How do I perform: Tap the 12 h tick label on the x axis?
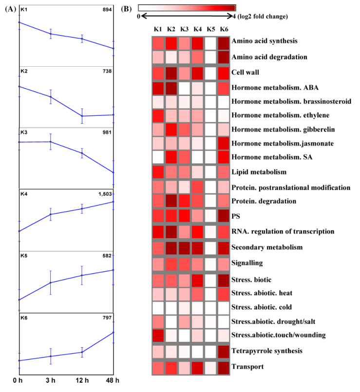[x=82, y=380]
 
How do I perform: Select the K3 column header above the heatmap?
[x=184, y=30]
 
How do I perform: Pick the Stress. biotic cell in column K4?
[x=197, y=280]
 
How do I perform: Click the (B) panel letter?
[x=125, y=8]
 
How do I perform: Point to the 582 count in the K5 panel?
[x=107, y=255]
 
